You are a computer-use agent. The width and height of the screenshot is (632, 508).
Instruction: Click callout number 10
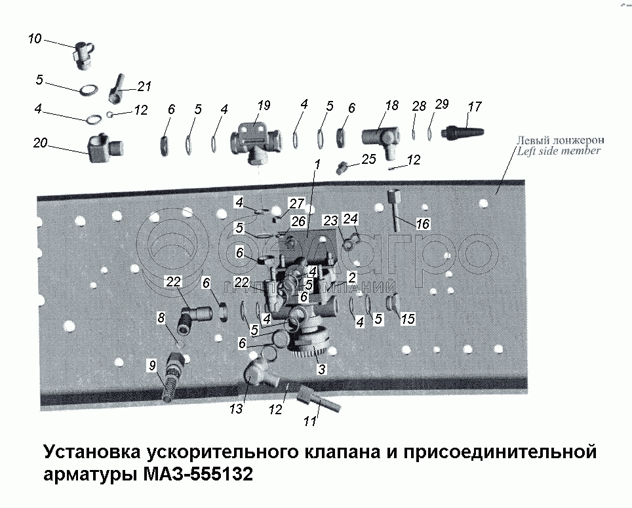tap(34, 39)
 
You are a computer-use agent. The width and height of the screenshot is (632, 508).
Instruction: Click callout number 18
tap(391, 106)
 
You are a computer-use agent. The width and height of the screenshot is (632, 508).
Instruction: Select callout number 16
tap(422, 224)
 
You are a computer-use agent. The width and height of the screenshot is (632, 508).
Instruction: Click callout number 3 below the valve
tap(321, 370)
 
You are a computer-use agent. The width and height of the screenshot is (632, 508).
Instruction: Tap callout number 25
tap(369, 159)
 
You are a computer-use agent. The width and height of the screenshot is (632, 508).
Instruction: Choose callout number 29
tap(442, 105)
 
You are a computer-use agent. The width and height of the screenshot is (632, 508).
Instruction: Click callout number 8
tap(161, 318)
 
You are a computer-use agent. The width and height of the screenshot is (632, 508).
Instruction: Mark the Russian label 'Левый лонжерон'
tap(559, 140)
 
